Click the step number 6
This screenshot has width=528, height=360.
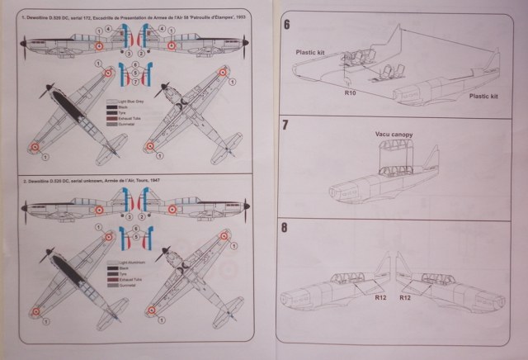click(287, 25)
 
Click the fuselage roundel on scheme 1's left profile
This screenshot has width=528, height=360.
click(100, 47)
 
